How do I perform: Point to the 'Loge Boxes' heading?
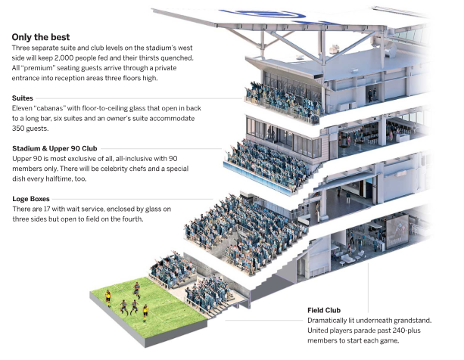click(31, 199)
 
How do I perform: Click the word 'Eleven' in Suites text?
click(23, 109)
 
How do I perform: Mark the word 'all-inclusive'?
click(144, 160)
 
